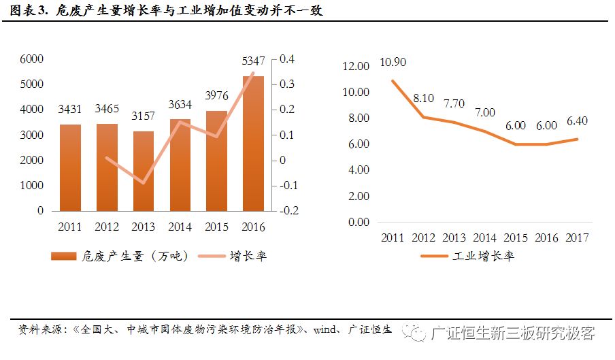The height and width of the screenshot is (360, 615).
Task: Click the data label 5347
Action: point(253,62)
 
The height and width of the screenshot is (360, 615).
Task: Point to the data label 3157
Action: point(144,118)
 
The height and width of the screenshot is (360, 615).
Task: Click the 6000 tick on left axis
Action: point(31,59)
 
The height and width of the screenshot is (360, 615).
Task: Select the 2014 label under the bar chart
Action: point(180,227)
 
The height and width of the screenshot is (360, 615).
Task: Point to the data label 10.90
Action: point(393,62)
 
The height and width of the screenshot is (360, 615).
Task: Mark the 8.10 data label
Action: point(423,98)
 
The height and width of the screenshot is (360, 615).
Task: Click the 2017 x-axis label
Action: point(577,238)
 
